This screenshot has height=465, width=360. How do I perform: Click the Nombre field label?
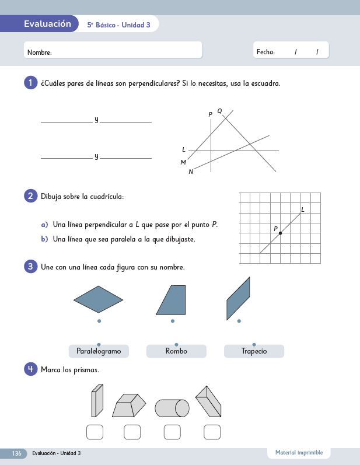[x=40, y=53]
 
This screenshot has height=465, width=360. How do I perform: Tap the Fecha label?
[x=265, y=52]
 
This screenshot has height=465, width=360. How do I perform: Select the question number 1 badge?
[x=30, y=83]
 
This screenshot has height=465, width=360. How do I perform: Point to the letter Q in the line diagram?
[x=219, y=111]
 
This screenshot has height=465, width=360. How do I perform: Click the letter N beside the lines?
[x=191, y=172]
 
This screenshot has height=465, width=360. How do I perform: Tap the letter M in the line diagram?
[x=183, y=162]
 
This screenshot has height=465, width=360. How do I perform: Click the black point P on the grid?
[x=280, y=233]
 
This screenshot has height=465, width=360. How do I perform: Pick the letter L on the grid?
[x=303, y=209]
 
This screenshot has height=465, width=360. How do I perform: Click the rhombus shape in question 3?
[x=98, y=300]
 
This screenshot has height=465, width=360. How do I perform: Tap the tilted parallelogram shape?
[x=238, y=298]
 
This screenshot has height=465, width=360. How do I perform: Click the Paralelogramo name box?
[x=99, y=351]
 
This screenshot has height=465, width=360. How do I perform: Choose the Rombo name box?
[x=176, y=351]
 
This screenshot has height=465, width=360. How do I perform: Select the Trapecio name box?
[x=254, y=351]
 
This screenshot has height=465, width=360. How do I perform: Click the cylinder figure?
[x=172, y=408]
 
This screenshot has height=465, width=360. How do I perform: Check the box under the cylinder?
[x=172, y=432]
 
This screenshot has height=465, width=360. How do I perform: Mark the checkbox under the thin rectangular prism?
[x=95, y=432]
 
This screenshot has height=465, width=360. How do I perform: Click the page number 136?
[x=17, y=453]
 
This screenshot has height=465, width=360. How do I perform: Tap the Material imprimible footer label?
[x=299, y=453]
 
